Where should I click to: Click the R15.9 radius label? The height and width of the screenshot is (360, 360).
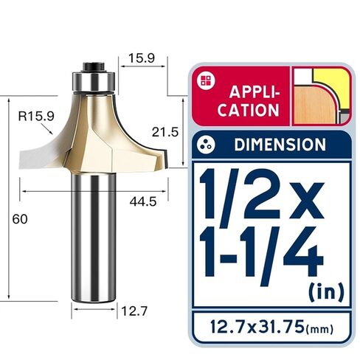[x=36, y=116]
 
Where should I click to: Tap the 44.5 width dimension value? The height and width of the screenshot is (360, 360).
[x=143, y=202]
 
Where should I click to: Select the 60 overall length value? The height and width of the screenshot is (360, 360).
[x=20, y=219]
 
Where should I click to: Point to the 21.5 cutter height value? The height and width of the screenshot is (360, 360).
[x=165, y=132]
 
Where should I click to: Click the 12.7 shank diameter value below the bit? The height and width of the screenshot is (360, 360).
[x=134, y=311]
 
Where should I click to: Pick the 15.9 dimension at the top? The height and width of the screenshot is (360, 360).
[x=142, y=58]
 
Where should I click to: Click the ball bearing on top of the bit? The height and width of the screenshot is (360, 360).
[x=94, y=81]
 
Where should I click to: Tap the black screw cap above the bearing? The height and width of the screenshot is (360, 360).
[x=94, y=66]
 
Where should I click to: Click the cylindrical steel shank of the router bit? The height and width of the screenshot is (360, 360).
[x=94, y=238]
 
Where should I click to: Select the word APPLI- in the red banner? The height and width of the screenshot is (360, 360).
[x=255, y=91]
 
